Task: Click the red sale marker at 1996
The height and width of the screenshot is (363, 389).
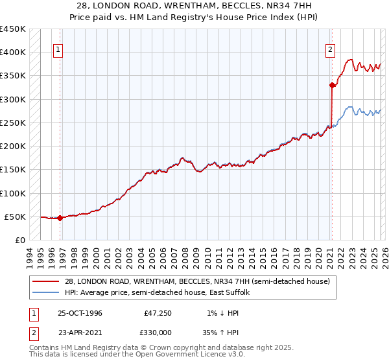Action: coord(60,218)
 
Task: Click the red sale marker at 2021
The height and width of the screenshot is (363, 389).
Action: coord(332,84)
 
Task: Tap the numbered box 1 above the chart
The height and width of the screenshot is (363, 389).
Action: coord(58,49)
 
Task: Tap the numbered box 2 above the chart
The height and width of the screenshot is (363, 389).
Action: coord(331,49)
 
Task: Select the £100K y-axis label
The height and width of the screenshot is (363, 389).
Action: coord(13,193)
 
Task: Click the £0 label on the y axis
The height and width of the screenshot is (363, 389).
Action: coord(19,240)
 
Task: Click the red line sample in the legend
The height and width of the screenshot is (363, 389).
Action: coord(46,281)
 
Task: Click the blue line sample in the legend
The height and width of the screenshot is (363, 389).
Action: coord(46,293)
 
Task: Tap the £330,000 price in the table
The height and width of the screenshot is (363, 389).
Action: coord(161,334)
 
